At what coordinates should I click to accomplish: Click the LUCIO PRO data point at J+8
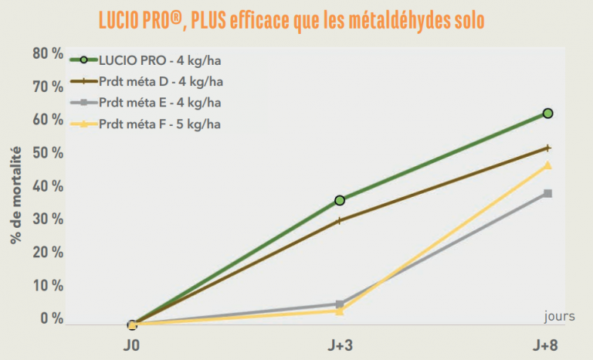[548, 114]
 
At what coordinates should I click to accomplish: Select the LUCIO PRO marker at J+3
[340, 200]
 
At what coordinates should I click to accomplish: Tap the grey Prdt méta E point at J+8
[548, 193]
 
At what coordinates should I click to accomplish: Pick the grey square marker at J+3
[340, 304]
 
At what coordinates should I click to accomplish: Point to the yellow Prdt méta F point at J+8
[548, 165]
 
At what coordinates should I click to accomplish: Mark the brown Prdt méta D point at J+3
[340, 220]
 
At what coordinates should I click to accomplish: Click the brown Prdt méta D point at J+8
[548, 148]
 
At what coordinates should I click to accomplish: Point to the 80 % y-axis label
[47, 53]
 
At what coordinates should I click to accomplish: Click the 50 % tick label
[47, 153]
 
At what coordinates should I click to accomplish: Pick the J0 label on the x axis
[132, 344]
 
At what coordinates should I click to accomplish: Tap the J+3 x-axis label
[340, 344]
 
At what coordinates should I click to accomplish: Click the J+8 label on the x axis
[548, 344]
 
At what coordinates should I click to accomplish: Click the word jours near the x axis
[559, 315]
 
